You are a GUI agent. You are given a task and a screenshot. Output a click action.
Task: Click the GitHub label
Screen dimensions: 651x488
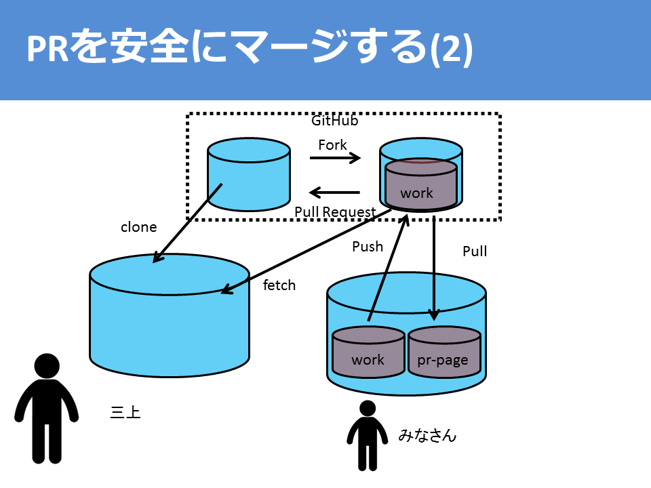pos(334,121)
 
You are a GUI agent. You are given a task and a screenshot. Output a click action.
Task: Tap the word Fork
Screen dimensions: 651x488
pos(332,145)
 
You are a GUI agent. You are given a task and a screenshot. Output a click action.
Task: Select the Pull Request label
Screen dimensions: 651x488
pos(335,212)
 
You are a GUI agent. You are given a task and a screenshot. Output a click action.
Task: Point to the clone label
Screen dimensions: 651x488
pos(138,227)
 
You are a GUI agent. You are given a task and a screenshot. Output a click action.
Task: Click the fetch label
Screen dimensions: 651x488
pos(279,285)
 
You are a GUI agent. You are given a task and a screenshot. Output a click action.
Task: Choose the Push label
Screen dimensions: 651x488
pos(368,247)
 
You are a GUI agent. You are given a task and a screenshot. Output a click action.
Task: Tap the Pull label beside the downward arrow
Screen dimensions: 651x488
pos(475,251)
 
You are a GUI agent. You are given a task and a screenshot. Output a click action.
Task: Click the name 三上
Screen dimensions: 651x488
pos(125,412)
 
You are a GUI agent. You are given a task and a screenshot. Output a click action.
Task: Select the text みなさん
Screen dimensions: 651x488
pos(427,435)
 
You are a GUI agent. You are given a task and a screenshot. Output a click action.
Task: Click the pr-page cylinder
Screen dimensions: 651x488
pos(444,352)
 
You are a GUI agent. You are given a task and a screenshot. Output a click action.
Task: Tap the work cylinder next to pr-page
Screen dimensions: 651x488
pos(368,352)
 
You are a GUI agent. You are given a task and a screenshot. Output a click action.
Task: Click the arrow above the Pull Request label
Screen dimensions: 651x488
pos(334,192)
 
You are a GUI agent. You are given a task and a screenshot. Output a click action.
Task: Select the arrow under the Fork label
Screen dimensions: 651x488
pos(335,158)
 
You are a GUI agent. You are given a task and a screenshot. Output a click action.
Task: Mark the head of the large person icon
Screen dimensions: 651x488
pos(47,366)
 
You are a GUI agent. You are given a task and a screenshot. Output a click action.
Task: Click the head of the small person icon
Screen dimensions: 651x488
pos(368,408)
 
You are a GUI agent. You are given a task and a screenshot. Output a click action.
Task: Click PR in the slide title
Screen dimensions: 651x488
pos(47,49)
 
